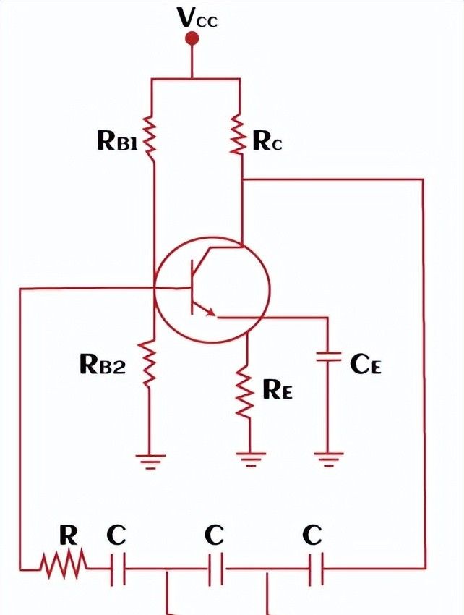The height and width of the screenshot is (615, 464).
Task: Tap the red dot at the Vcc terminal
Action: point(192,38)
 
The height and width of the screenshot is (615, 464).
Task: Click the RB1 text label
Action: point(117,140)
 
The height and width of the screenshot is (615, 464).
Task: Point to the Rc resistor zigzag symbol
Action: point(240,135)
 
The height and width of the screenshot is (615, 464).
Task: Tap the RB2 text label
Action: point(102,365)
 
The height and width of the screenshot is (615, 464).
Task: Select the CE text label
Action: point(365,364)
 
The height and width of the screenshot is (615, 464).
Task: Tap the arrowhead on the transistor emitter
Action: point(210,313)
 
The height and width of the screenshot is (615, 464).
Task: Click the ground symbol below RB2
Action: point(151,460)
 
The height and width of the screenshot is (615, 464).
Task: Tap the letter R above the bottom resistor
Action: point(68,535)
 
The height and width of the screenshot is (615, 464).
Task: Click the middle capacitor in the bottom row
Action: point(215,570)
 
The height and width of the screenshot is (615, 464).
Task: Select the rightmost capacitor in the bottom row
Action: point(315,570)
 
